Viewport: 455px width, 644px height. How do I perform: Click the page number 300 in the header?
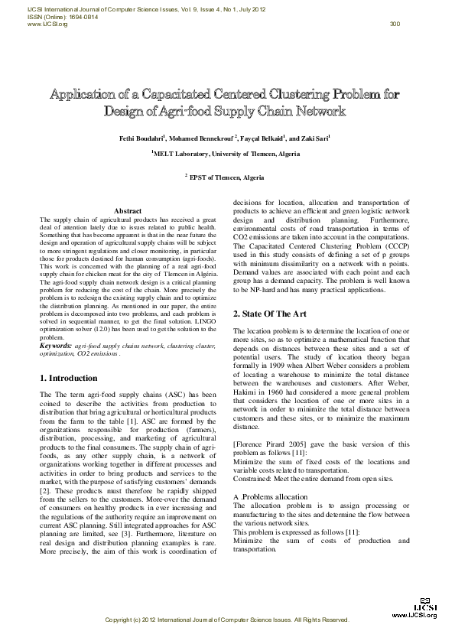click(x=395, y=24)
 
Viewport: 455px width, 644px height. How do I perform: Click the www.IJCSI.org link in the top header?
click(x=47, y=24)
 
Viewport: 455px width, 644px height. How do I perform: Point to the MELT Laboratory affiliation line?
click(x=226, y=154)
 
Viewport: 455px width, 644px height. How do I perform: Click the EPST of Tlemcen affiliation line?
click(x=227, y=177)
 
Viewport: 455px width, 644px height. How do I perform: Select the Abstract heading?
click(x=127, y=211)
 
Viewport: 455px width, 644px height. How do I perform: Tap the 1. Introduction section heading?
click(x=68, y=379)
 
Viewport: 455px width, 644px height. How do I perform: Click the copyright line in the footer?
click(x=227, y=620)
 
